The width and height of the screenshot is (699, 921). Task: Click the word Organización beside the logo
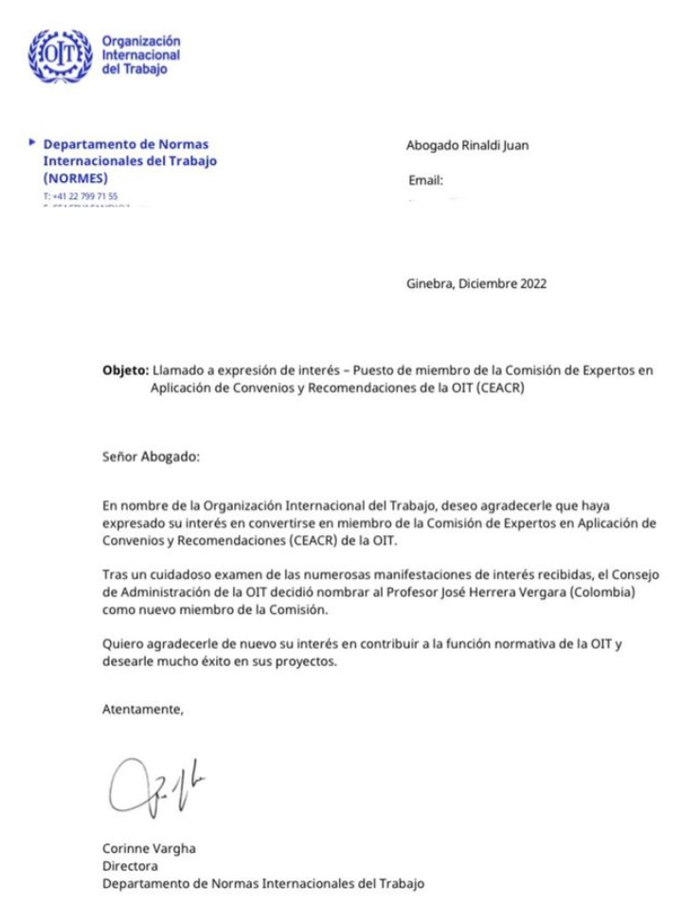coord(140,41)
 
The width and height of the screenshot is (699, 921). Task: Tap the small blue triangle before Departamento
coord(33,143)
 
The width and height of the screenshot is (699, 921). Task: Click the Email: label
coord(425,180)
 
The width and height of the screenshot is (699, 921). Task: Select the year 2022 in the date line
coord(531,282)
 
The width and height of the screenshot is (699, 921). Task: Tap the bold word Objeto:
coord(125,370)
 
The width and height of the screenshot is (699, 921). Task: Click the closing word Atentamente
coord(141,709)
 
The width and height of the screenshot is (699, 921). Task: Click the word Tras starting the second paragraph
coord(114,575)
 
